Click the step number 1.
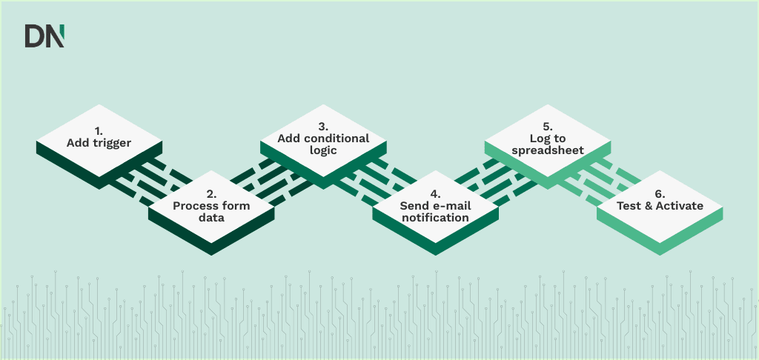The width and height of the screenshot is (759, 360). pyautogui.click(x=99, y=130)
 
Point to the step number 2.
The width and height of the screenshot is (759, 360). pyautogui.click(x=211, y=193)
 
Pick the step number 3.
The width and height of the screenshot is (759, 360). pyautogui.click(x=323, y=126)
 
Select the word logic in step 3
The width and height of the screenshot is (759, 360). pyautogui.click(x=323, y=150)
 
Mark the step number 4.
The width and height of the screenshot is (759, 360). pyautogui.click(x=435, y=193)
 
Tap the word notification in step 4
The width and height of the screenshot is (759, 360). pyautogui.click(x=435, y=219)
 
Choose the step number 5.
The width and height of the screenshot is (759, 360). pyautogui.click(x=547, y=126)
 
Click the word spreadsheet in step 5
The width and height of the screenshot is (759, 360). pyautogui.click(x=547, y=150)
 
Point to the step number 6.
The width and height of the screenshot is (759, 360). pyautogui.click(x=660, y=193)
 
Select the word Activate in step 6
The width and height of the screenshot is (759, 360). pyautogui.click(x=679, y=206)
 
